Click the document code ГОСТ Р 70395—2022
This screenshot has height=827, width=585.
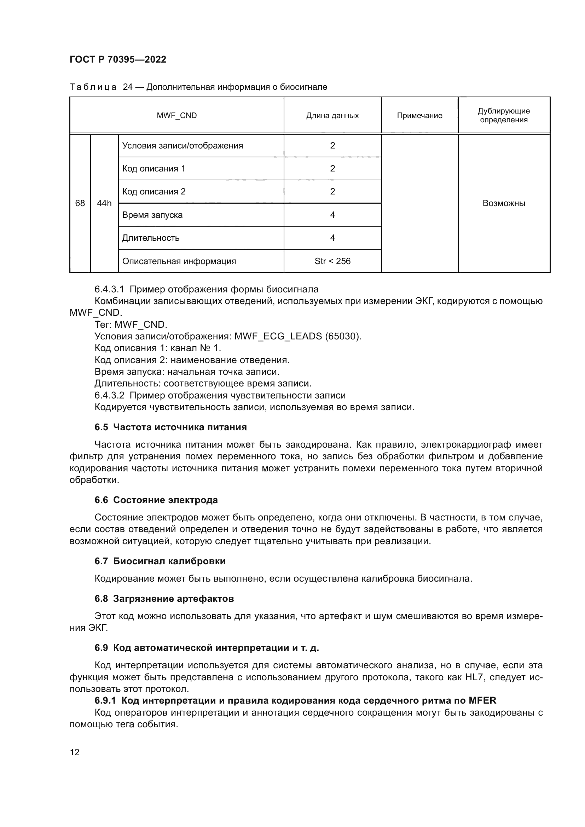pyautogui.click(x=118, y=59)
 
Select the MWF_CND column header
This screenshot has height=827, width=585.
pyautogui.click(x=176, y=116)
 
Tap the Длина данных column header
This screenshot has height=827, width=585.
pyautogui.click(x=332, y=116)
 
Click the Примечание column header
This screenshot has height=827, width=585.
pyautogui.click(x=419, y=116)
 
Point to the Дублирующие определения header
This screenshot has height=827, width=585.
pyautogui.click(x=504, y=115)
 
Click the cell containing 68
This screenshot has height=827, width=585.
pyautogui.click(x=80, y=203)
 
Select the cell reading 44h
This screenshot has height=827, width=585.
pyautogui.click(x=104, y=203)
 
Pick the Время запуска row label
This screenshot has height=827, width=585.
pyautogui.click(x=152, y=215)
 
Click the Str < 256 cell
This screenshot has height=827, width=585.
pyautogui.click(x=332, y=261)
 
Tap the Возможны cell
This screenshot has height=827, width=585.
pyautogui.click(x=504, y=203)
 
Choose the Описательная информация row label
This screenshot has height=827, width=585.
pyautogui.click(x=179, y=261)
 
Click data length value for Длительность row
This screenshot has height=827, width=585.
pyautogui.click(x=332, y=238)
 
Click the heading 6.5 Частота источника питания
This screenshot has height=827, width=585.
pyautogui.click(x=170, y=427)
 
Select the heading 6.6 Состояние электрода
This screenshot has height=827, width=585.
pyautogui.click(x=156, y=500)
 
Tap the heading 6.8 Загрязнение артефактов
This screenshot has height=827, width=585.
pyautogui.click(x=164, y=599)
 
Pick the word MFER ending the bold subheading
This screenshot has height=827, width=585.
pyautogui.click(x=482, y=700)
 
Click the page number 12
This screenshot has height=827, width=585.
pyautogui.click(x=75, y=752)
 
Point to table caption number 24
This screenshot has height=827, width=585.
pyautogui.click(x=128, y=87)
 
